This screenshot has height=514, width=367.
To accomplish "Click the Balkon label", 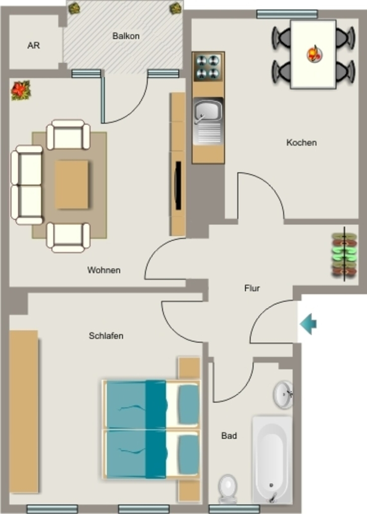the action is pos(126,36).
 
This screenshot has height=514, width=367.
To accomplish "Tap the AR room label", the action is pos(34,45).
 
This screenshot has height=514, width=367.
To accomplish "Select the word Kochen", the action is pos(301,143).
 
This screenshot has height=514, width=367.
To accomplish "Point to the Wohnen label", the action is pos(104,270).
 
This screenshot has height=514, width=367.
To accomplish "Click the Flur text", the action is pos(252,288).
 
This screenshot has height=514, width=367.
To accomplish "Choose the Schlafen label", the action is pos(106,336).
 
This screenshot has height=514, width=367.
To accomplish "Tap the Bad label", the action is pos(229,436).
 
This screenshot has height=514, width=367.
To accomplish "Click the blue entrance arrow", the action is pos(308,324).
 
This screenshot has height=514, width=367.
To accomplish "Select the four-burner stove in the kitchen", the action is pos(208,67).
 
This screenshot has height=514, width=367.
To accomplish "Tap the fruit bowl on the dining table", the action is pos(315,54).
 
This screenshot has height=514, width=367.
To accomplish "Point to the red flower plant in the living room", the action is pos(20,90).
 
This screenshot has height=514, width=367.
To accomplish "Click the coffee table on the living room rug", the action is pos(71,185).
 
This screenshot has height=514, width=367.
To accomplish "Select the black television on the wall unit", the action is pos(178,186).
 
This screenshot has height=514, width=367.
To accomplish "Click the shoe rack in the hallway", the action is pos(344,254).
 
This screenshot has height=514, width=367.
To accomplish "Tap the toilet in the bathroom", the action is pos(228,488).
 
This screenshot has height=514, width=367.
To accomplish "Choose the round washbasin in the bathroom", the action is pos(283,395).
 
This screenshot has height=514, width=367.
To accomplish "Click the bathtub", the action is pos(272,460).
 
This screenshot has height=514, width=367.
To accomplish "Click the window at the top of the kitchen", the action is pos(287,14).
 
